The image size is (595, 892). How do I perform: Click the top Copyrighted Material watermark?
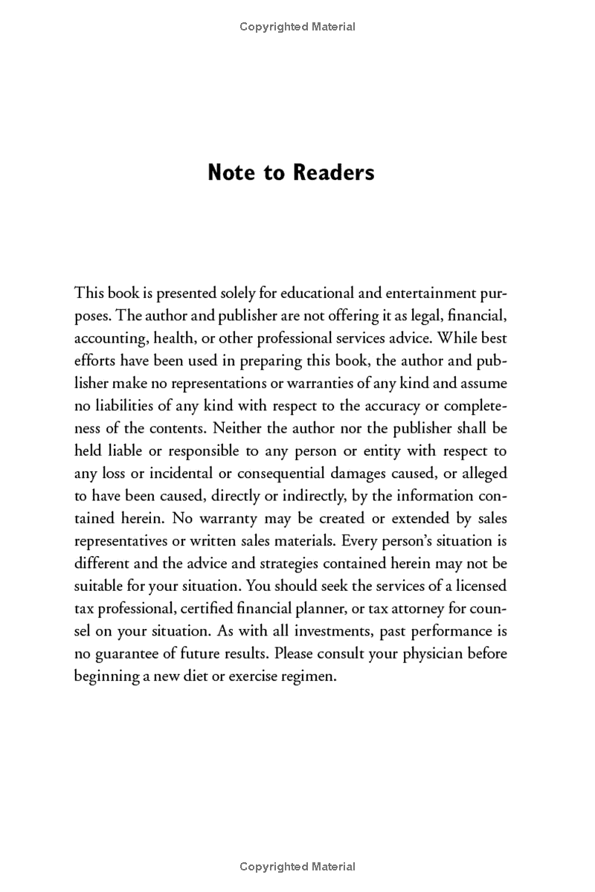(x=297, y=27)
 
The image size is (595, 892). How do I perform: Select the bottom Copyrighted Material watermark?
(x=297, y=866)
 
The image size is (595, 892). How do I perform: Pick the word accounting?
(x=110, y=338)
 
